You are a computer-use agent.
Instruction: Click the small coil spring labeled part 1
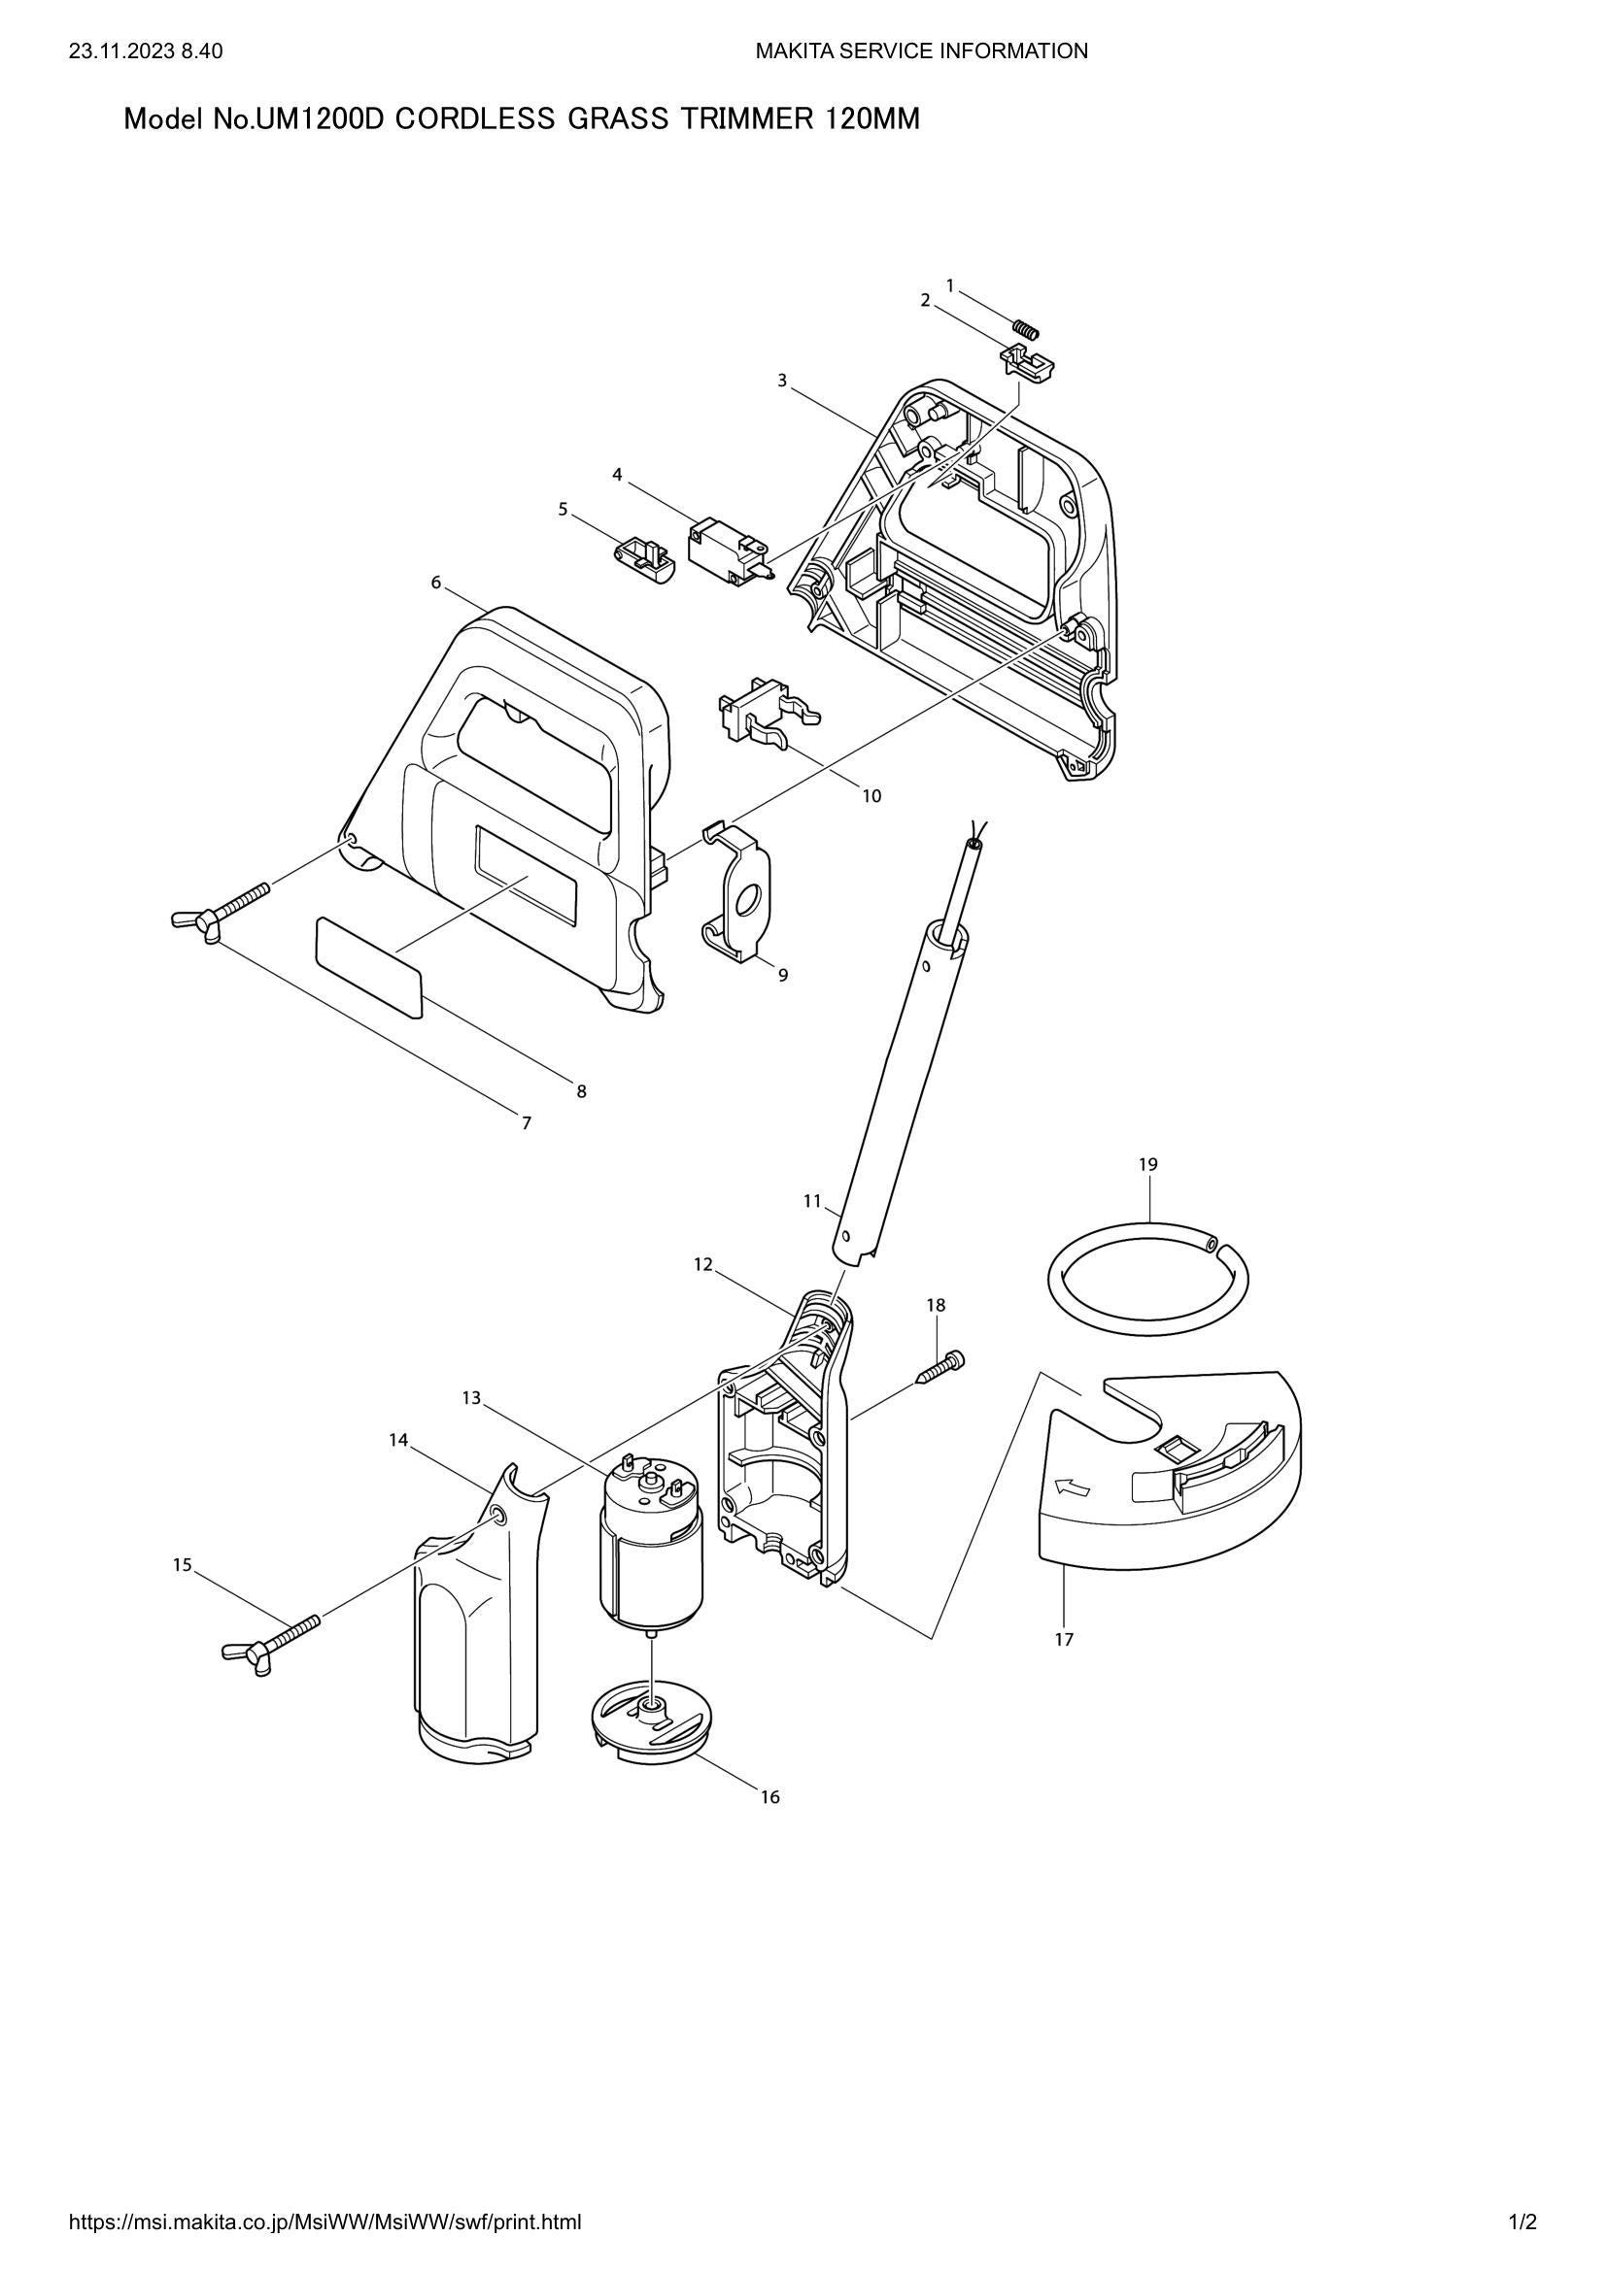(x=1026, y=327)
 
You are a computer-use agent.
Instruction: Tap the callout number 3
(x=782, y=380)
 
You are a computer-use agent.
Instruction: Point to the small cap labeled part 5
(x=643, y=560)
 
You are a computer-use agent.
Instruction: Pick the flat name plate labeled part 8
(x=369, y=965)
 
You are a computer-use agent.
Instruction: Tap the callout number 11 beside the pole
(x=812, y=1201)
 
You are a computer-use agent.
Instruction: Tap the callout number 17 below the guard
(x=1064, y=1639)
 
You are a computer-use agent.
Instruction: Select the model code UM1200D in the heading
(x=321, y=119)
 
